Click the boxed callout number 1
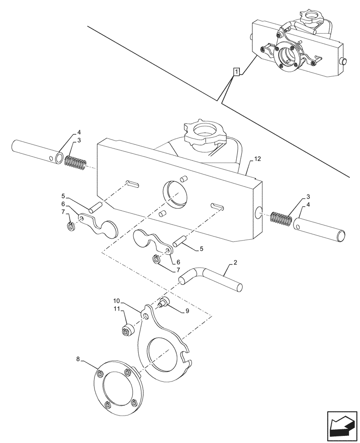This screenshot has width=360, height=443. [237, 72]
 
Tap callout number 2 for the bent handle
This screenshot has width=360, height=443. [235, 262]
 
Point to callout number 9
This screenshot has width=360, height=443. [187, 311]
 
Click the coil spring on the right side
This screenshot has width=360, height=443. [280, 219]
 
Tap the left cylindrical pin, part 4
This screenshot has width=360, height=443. [39, 152]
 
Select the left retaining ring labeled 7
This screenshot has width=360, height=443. [70, 227]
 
